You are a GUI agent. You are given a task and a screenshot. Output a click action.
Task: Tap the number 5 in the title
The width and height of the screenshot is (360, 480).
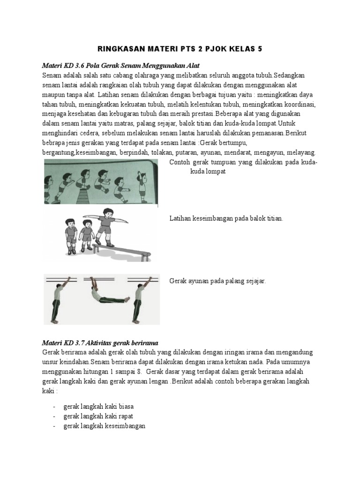click(x=260, y=48)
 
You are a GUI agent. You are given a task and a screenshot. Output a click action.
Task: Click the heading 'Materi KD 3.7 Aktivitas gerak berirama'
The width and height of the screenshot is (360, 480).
click(x=103, y=343)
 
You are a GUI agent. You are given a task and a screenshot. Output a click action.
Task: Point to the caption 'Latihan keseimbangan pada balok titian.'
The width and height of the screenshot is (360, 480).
click(x=225, y=219)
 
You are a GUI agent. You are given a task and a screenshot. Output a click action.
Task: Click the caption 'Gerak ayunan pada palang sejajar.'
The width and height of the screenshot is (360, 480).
click(x=217, y=281)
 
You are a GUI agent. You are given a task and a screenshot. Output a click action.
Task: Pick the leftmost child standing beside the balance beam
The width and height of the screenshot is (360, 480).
click(x=70, y=230)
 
